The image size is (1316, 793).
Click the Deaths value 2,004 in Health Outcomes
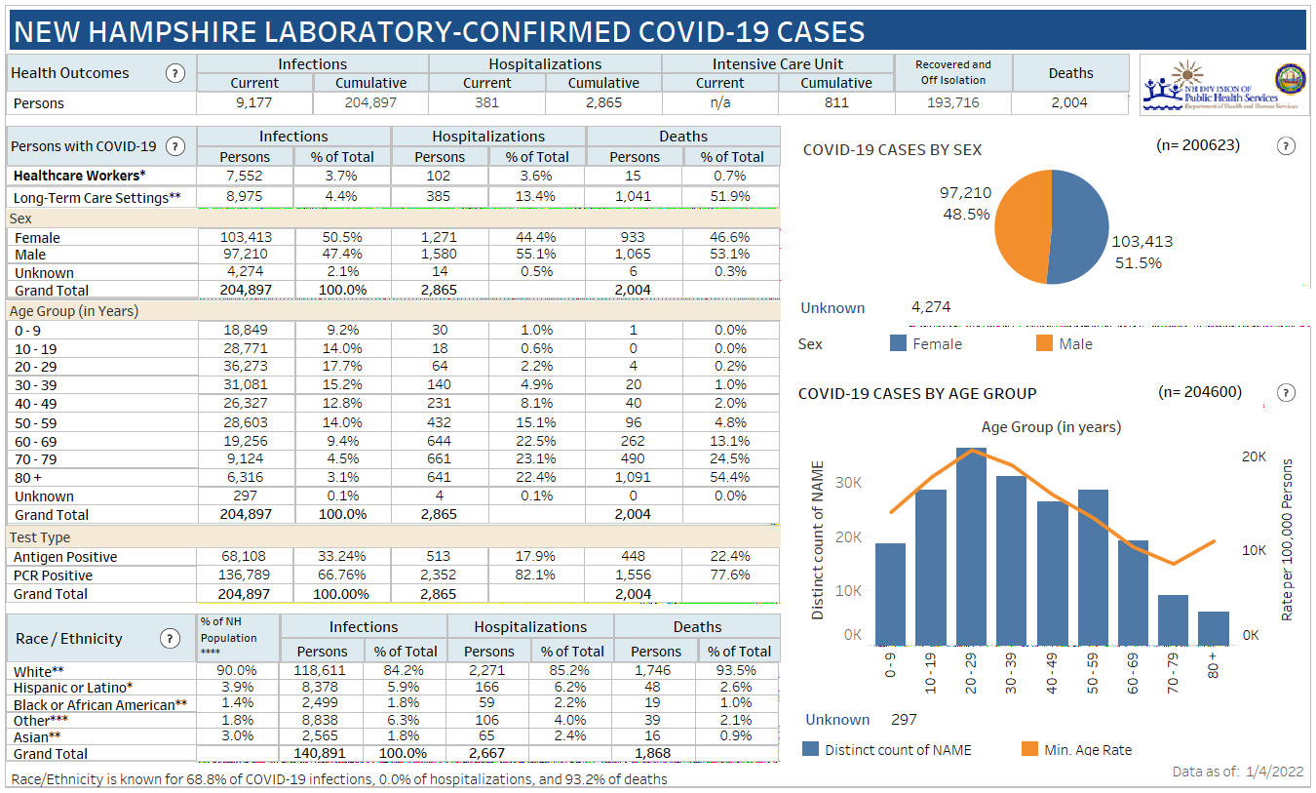coord(1069,102)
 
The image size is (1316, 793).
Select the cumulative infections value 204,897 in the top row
coord(370,102)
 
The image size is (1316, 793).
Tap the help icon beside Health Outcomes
coord(175,73)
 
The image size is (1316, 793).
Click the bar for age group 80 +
coord(1214,627)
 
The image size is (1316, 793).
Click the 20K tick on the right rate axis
coord(1253,457)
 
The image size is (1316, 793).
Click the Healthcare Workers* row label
coord(79,176)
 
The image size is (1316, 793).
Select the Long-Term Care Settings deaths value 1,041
coord(634,196)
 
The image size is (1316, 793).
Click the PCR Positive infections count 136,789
coord(244,575)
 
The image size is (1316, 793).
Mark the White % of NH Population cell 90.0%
coord(238,670)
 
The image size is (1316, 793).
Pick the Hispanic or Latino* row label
coord(73,688)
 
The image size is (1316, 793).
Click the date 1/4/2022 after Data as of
coord(1274,772)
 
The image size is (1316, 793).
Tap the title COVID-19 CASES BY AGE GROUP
coord(916,394)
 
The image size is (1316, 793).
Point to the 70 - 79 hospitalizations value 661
coord(439,458)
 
